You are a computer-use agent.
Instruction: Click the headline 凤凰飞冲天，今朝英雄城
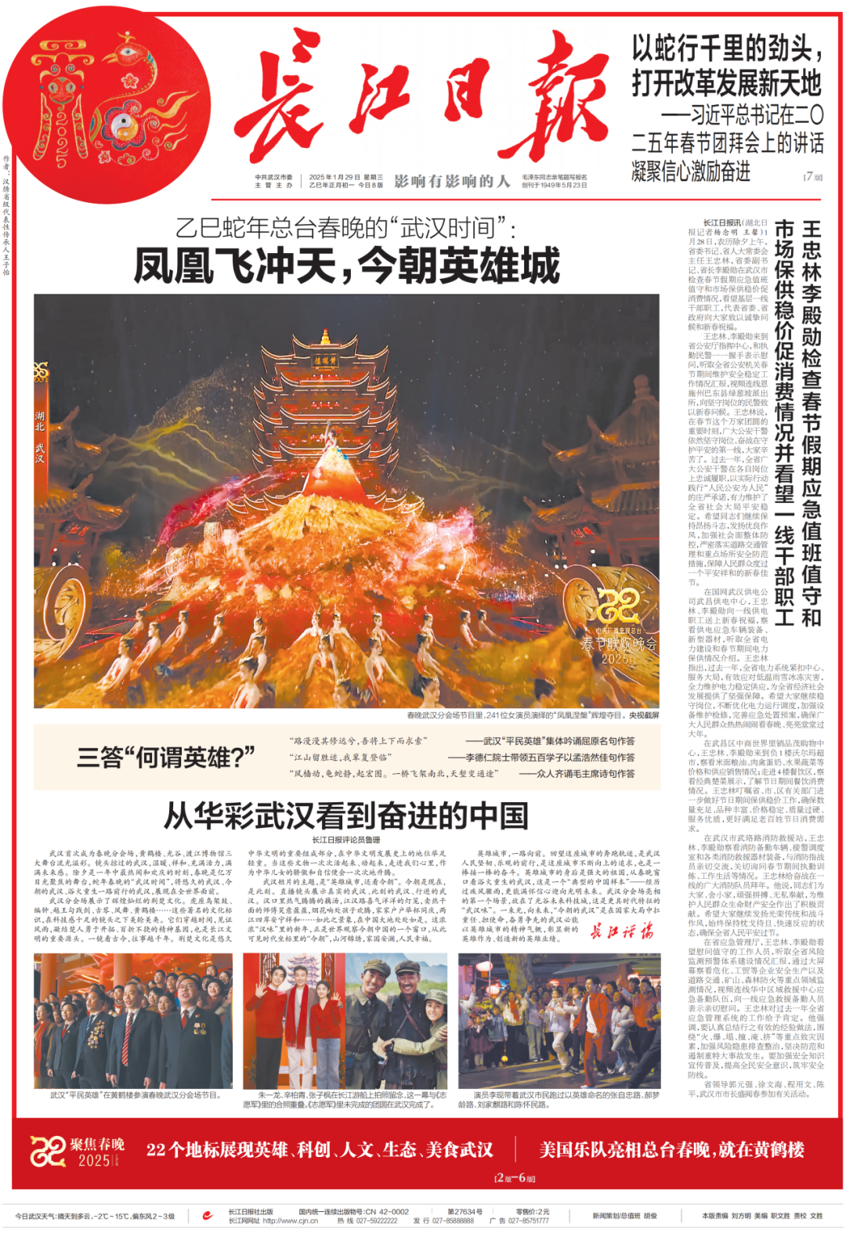coord(346,265)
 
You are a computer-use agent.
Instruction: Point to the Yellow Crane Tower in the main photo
coord(325,407)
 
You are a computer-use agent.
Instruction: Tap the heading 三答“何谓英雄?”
coord(166,758)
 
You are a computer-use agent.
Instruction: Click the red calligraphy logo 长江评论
coord(621,931)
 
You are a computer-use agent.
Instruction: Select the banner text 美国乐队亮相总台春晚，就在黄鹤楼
coord(671,1149)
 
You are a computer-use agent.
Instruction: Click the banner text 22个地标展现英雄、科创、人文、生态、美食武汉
coord(320,1149)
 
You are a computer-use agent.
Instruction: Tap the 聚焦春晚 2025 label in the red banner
coord(78,1151)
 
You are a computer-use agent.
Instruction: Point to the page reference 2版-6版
coord(515,1178)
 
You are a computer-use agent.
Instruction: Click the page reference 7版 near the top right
coord(813,176)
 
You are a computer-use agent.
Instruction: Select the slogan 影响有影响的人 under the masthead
coord(452,181)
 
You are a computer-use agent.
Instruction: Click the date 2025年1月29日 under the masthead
coord(334,177)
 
